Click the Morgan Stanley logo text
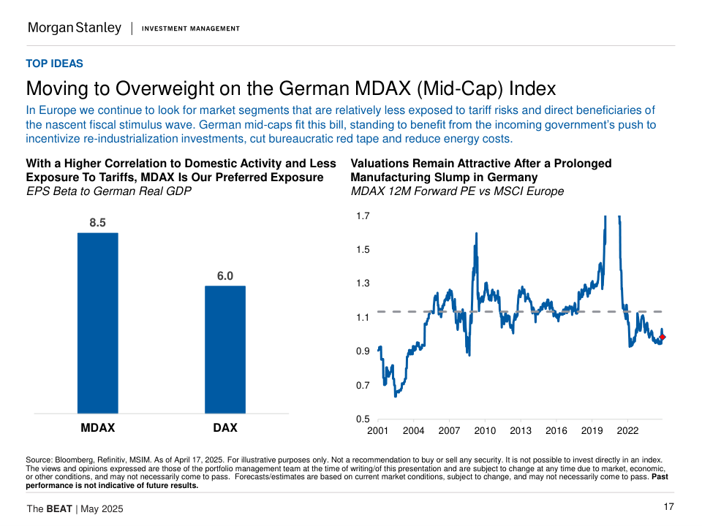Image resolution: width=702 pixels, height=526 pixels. (75, 28)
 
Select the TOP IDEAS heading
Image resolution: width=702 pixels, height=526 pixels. (54, 64)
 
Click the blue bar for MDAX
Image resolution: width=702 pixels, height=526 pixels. (98, 323)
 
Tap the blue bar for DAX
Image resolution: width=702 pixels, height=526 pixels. (224, 349)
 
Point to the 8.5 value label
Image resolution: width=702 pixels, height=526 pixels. (98, 223)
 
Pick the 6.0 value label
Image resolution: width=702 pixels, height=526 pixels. (224, 276)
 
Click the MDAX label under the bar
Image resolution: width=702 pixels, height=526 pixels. (97, 427)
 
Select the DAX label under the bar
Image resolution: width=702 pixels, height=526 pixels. (224, 427)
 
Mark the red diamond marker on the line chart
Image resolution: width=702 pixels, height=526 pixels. (663, 337)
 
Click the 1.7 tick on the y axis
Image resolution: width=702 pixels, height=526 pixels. (363, 216)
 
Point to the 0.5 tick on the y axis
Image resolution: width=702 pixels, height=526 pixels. (363, 419)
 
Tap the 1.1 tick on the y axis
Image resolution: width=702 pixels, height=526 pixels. (363, 318)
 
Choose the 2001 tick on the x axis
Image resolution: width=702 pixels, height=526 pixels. (377, 431)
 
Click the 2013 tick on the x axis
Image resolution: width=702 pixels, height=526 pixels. (521, 431)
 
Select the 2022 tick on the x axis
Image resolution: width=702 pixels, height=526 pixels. (627, 431)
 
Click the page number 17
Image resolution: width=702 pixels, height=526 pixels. (668, 507)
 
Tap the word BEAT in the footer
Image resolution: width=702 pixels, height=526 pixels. (59, 508)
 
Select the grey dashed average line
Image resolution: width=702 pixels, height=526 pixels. (512, 312)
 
